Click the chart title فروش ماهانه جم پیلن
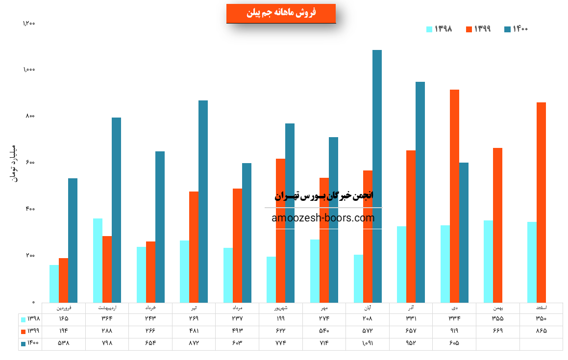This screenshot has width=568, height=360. pos(281,13)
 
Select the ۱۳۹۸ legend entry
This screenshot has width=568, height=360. pos(439,29)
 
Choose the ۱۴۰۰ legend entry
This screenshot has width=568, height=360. pos(516,29)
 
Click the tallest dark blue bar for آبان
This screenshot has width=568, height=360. pos(377,176)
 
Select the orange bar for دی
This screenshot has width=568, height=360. pos(454,196)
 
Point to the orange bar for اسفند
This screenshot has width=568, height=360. pos(541,202)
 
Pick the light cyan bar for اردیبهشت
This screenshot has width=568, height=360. pos(98,261)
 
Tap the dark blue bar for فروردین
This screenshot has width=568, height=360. pos(73,240)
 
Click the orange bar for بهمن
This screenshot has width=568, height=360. pos(497,225)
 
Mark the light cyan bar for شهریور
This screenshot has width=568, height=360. pos(271,279)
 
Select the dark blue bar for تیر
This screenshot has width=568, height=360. pos(203,201)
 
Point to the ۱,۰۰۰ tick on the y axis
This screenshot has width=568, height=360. pos(29,70)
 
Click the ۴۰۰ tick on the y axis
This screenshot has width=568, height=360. pos(30,209)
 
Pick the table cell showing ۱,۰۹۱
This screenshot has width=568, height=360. pos(368,343)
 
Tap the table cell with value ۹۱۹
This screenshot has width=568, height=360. pos(454,331)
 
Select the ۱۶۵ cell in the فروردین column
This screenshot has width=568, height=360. pos(64,319)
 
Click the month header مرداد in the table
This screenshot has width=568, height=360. pos(237,308)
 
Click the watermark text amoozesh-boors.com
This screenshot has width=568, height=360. pos(323,218)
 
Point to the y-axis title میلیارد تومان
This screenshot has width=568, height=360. pos(14,164)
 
